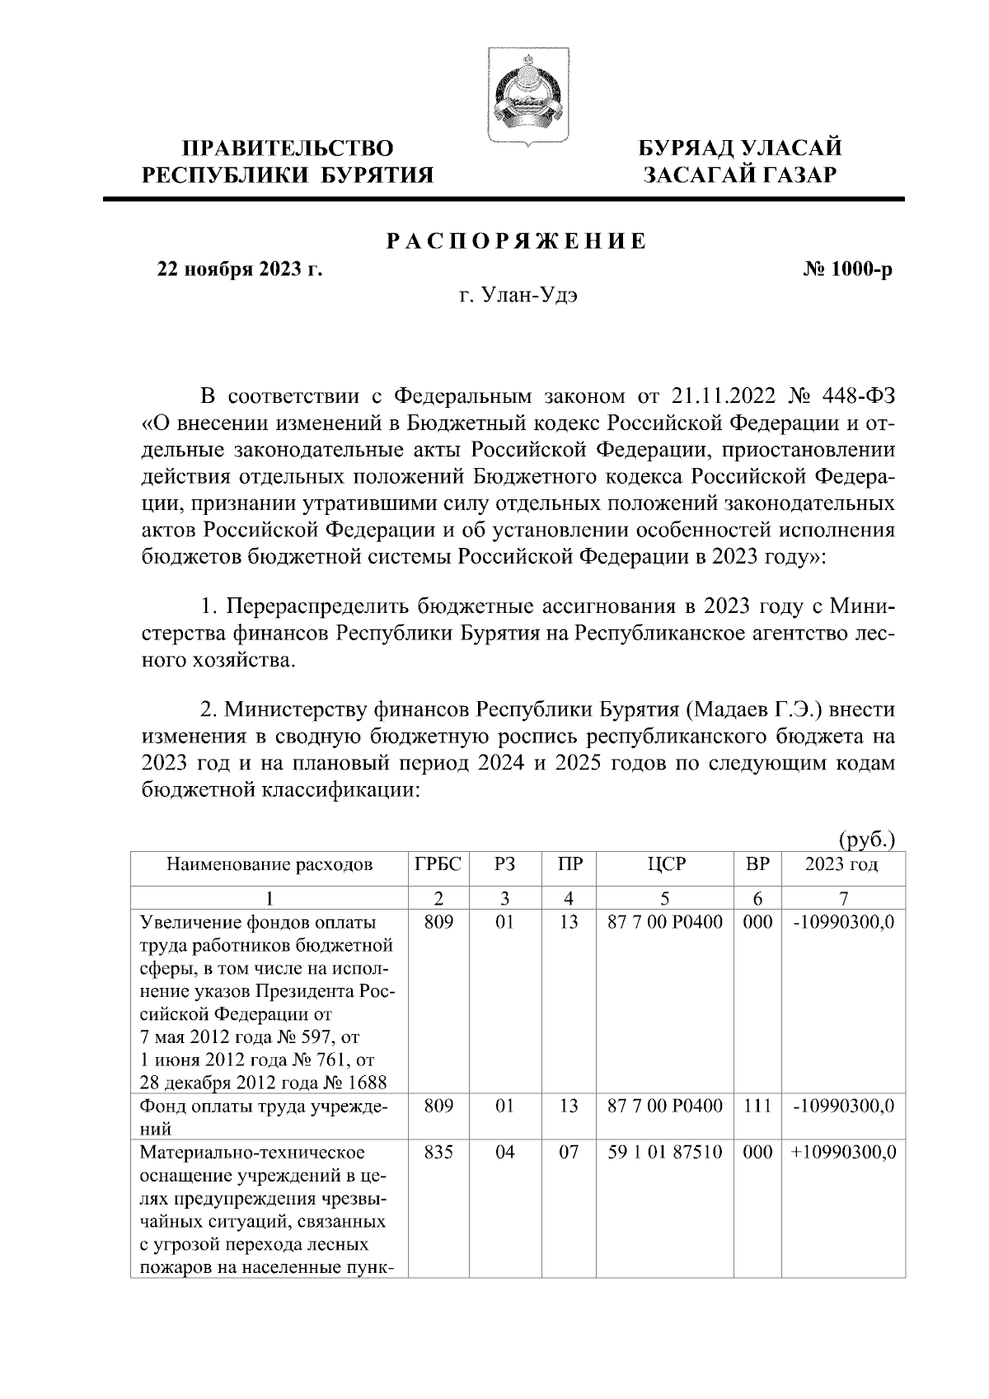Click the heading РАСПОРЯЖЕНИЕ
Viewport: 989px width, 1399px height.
click(x=517, y=241)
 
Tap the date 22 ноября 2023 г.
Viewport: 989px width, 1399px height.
click(x=240, y=269)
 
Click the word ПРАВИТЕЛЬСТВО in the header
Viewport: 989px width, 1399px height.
click(x=288, y=148)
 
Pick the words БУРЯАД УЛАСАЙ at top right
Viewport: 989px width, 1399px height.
click(x=742, y=148)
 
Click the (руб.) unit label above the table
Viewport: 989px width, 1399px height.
click(x=866, y=840)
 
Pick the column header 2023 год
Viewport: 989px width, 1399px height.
click(x=841, y=864)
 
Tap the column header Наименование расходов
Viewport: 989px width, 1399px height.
click(x=270, y=864)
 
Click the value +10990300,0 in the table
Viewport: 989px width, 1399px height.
click(x=842, y=1152)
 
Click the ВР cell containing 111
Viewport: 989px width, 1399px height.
click(x=757, y=1106)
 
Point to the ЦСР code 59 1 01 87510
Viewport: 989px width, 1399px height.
click(x=664, y=1152)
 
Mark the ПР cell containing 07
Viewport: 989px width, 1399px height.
click(x=569, y=1152)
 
